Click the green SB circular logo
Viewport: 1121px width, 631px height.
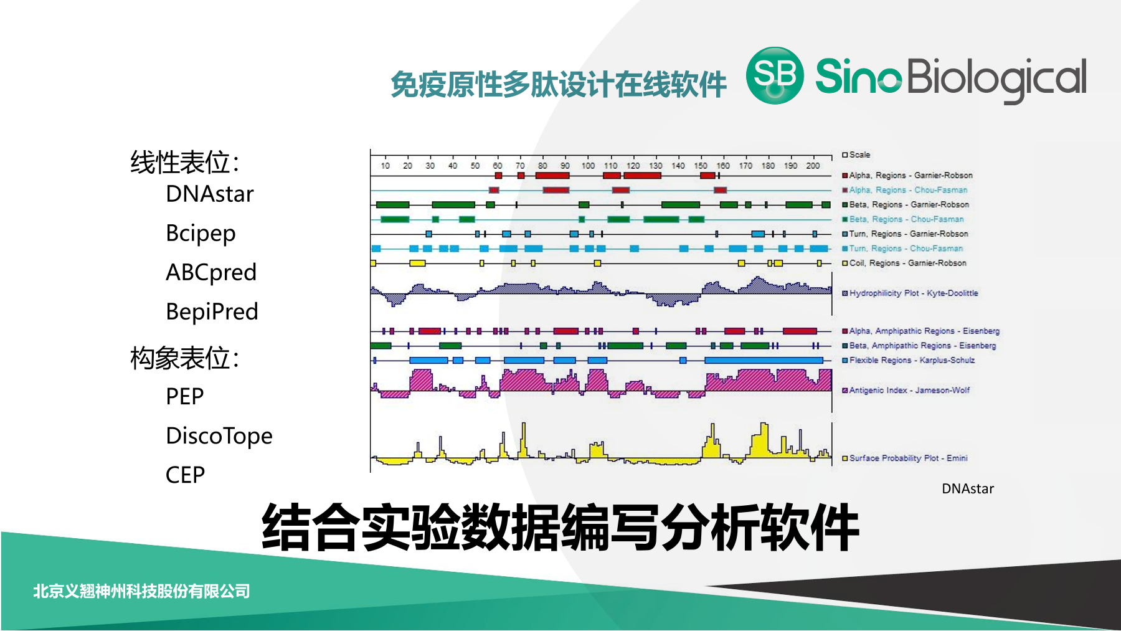click(x=775, y=75)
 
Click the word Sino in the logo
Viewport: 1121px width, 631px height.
click(x=858, y=76)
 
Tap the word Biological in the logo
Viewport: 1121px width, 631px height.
click(x=996, y=80)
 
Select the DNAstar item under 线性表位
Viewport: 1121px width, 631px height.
click(x=210, y=194)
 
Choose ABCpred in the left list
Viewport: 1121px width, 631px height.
click(x=211, y=273)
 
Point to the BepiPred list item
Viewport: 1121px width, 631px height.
click(x=212, y=311)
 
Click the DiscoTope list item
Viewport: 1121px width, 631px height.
click(x=219, y=436)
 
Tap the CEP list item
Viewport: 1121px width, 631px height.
click(x=185, y=475)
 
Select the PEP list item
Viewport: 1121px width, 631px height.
click(x=185, y=397)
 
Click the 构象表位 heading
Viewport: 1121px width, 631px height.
click(x=184, y=358)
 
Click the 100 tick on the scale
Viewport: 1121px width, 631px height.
click(x=588, y=166)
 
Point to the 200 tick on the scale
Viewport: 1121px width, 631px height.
click(x=813, y=166)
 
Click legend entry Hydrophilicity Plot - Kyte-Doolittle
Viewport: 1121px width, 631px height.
click(x=914, y=293)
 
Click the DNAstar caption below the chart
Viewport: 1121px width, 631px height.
click(x=968, y=489)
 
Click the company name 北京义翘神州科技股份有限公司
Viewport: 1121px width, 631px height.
click(x=141, y=591)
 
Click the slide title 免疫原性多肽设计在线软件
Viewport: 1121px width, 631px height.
click(x=559, y=85)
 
